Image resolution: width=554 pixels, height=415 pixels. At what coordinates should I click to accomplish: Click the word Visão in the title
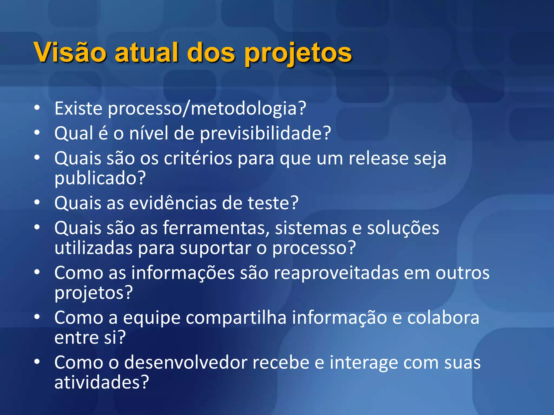click(x=70, y=52)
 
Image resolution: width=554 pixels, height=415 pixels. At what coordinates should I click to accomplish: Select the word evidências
click(x=173, y=203)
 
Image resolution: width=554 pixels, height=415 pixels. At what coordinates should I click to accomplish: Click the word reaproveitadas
click(x=336, y=273)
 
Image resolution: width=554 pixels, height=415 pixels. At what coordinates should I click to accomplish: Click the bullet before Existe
click(x=37, y=108)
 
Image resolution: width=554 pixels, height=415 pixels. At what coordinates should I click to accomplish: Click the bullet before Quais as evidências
click(x=37, y=202)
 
